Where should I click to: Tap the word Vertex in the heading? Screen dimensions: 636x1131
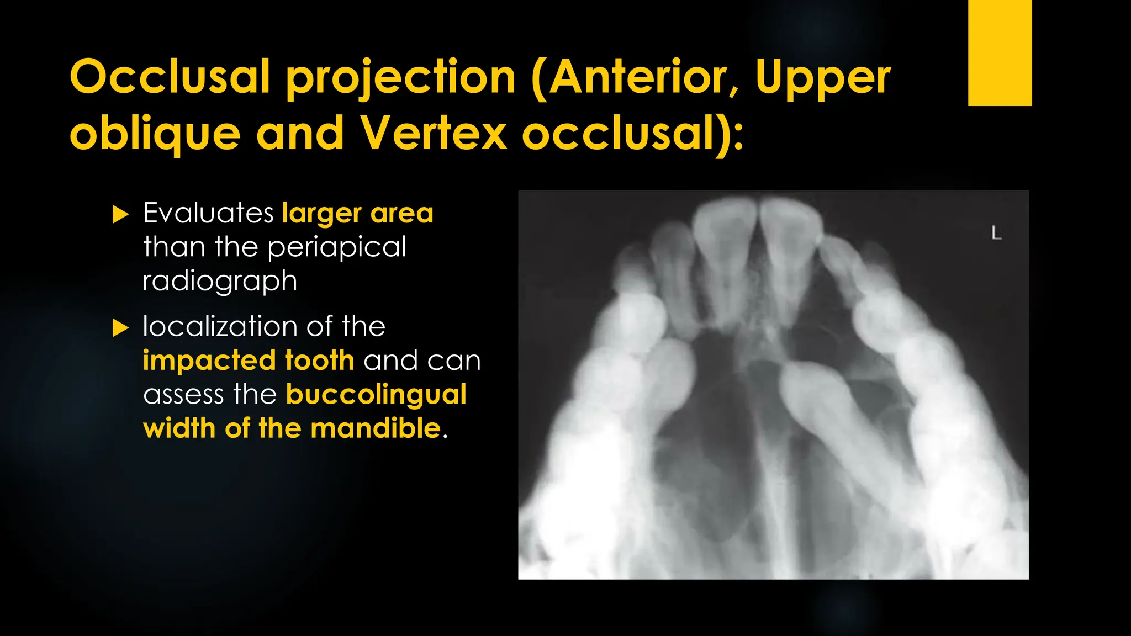coord(434,134)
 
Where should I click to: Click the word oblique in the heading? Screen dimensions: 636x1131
coord(155,135)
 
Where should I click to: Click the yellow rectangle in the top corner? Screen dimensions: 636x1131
coord(1000,52)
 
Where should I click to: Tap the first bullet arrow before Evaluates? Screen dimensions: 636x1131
coord(120,214)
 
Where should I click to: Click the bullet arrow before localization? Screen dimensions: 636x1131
coord(120,328)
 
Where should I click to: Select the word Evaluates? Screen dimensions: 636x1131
coord(208,213)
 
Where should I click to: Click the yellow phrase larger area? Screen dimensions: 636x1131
coord(357,213)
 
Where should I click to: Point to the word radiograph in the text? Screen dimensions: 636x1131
coord(220,282)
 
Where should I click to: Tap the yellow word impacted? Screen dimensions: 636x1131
coord(209,361)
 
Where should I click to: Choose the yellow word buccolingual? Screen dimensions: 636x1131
coord(376,395)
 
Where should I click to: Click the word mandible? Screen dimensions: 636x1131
coord(376,429)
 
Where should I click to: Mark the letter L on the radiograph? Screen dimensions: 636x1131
coord(996,234)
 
